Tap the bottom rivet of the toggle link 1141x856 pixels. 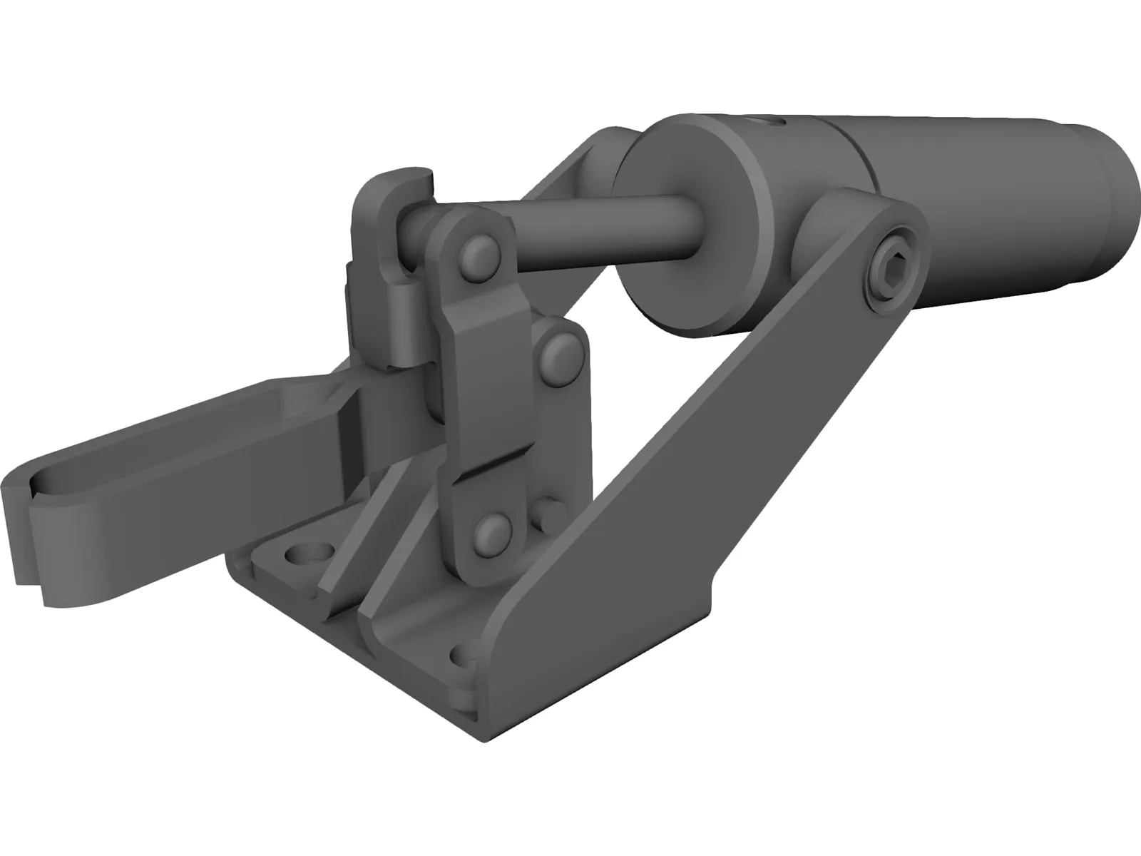(x=491, y=529)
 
